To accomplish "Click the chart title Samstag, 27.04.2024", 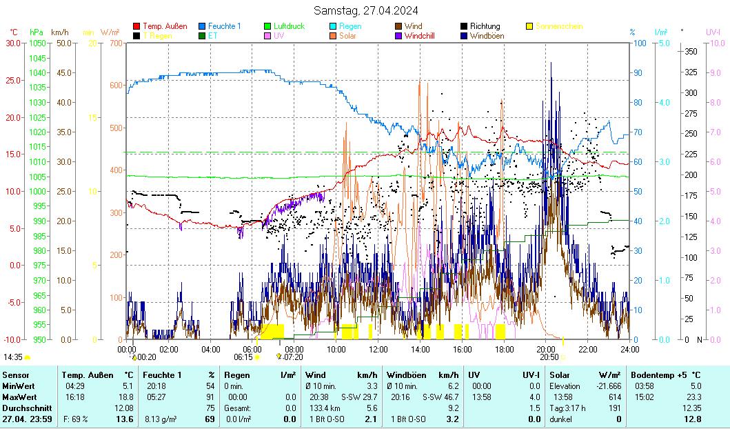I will click(x=365, y=10).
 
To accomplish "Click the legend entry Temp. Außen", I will click(x=164, y=26).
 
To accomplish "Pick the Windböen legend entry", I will click(x=487, y=35).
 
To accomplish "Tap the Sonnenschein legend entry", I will click(x=559, y=26).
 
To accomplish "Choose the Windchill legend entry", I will click(x=423, y=35).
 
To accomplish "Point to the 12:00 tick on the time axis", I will click(x=378, y=349).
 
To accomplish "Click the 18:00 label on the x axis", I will click(x=504, y=349).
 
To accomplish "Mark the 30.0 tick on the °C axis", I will click(x=13, y=43).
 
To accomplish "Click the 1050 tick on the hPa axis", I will click(x=38, y=43).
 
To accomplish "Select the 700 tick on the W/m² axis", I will click(x=114, y=43).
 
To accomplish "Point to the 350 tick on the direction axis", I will click(x=690, y=51).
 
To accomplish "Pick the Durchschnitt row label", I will click(x=24, y=408).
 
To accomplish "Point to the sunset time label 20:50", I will click(x=549, y=357).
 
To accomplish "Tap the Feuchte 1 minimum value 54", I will click(x=210, y=386).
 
